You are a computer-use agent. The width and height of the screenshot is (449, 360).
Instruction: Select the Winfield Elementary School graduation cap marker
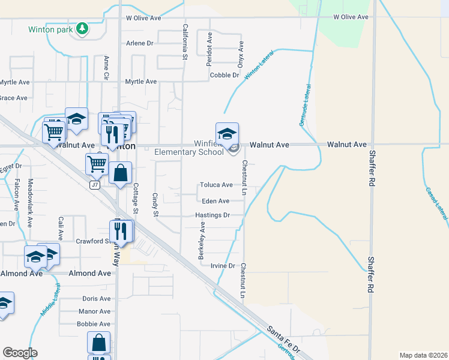tap(227, 134)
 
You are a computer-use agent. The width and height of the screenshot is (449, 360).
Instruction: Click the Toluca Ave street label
tap(216, 185)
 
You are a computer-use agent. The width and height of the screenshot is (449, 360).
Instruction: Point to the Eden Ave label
tap(216, 201)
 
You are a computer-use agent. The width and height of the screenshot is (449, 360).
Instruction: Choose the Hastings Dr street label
tap(212, 215)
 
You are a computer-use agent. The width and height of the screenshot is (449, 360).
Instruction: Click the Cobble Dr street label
tap(224, 76)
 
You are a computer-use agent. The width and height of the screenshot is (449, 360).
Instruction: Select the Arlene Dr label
tap(140, 43)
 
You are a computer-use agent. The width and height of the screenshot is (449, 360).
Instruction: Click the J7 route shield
tap(94, 185)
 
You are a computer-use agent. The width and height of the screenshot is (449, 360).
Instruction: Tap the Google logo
tap(20, 353)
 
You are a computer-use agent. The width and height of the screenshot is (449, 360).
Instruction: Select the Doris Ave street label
tap(97, 298)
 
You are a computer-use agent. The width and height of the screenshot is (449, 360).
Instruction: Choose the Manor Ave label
tap(95, 311)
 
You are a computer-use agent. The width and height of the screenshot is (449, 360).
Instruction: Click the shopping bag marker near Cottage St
tap(121, 173)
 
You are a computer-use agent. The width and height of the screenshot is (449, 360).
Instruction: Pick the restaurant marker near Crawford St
tap(121, 231)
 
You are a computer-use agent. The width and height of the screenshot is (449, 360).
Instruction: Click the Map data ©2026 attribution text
tap(423, 355)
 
